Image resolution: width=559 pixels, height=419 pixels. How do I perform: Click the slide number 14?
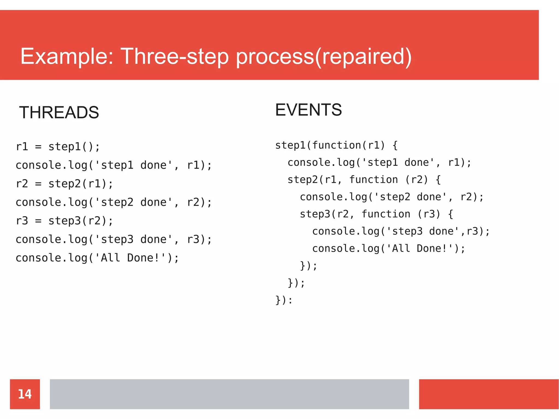[25, 394]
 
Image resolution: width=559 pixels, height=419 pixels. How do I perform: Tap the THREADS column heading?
[59, 112]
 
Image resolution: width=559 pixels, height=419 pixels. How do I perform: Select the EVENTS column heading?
[308, 110]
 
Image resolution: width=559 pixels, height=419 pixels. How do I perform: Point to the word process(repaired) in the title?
[324, 57]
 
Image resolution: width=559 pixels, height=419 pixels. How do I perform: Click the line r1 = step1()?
[58, 147]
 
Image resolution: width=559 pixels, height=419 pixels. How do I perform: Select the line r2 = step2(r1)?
[64, 184]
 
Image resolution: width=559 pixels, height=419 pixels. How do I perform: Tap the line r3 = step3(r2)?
[64, 221]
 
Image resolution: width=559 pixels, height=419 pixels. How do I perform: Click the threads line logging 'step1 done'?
[114, 165]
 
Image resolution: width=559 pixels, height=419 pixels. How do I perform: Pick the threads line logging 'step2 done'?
[114, 202]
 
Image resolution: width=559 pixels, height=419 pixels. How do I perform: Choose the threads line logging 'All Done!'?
[97, 258]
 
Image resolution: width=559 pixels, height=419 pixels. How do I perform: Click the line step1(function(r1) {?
[336, 145]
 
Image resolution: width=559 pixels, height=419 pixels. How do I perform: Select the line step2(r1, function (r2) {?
[364, 180]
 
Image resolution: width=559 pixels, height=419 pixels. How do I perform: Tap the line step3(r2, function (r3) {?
[376, 214]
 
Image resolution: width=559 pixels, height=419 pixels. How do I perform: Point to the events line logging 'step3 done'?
[401, 231]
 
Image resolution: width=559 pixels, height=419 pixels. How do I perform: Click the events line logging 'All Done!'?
[389, 248]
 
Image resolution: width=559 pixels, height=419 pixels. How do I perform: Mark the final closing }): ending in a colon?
[284, 300]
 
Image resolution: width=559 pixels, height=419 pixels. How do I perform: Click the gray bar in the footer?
[229, 394]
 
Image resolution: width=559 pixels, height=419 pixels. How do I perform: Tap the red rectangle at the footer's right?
[489, 394]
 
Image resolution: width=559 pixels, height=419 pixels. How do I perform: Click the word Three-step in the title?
[174, 57]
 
